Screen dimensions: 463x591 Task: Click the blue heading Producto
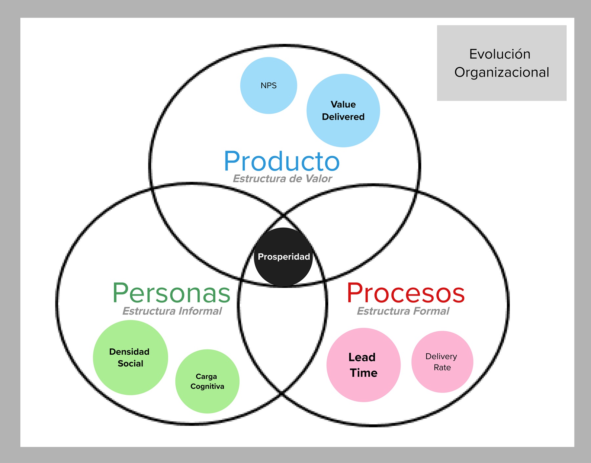[x=282, y=161]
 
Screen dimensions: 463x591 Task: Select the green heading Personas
[x=171, y=293]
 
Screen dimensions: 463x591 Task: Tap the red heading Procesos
[x=405, y=293]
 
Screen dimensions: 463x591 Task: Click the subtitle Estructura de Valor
[x=282, y=179]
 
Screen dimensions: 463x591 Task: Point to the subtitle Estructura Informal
[x=172, y=311]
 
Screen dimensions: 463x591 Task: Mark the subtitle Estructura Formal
[x=403, y=311]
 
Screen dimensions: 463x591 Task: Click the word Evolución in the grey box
[x=500, y=54]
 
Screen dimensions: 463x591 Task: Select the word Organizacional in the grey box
[x=502, y=72]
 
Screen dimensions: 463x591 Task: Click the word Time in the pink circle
[x=363, y=373]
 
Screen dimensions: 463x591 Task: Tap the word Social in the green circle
[x=130, y=364]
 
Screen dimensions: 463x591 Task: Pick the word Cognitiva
[x=207, y=386]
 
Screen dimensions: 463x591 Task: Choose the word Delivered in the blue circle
[x=343, y=117]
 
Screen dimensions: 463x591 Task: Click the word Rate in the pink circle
[x=442, y=367]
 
